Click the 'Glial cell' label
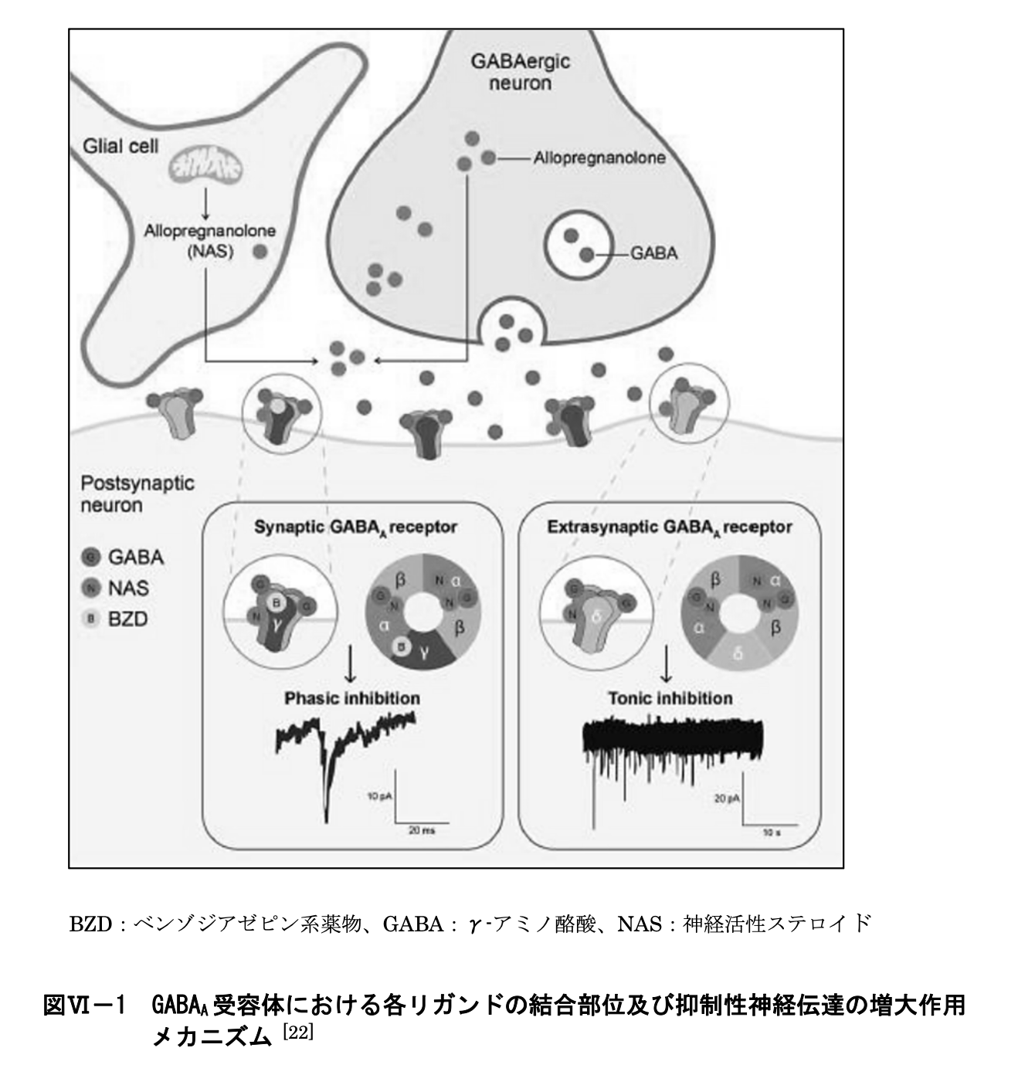click(x=120, y=145)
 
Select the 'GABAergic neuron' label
click(x=521, y=71)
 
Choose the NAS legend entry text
click(x=128, y=588)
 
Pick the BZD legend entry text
click(x=128, y=619)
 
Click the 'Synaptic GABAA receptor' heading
click(x=355, y=527)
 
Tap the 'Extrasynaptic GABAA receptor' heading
click(x=669, y=527)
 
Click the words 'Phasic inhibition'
click(x=352, y=698)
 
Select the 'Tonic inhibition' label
click(x=670, y=698)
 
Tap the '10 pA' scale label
click(x=378, y=795)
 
